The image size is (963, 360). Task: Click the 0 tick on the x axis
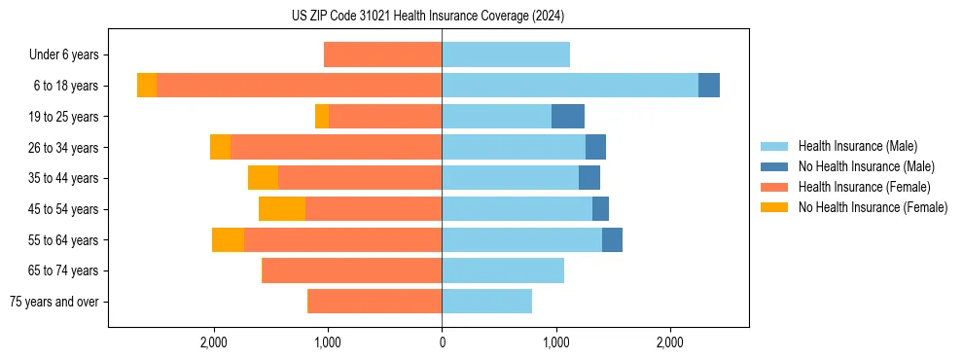click(x=442, y=342)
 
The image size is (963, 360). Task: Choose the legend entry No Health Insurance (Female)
click(x=873, y=207)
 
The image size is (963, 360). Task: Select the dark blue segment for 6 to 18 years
click(x=709, y=86)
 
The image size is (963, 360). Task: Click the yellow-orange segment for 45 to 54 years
click(x=282, y=209)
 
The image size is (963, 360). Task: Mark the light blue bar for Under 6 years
click(x=506, y=54)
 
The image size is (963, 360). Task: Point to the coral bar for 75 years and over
click(x=374, y=302)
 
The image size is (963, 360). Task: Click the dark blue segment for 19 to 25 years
click(x=568, y=117)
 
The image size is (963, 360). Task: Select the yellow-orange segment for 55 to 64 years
click(x=228, y=239)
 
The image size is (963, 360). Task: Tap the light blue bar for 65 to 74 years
click(x=503, y=270)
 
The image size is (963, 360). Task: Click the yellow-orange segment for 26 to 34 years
click(x=220, y=147)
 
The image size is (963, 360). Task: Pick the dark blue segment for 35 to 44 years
click(x=589, y=178)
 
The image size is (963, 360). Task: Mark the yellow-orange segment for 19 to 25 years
click(x=322, y=117)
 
